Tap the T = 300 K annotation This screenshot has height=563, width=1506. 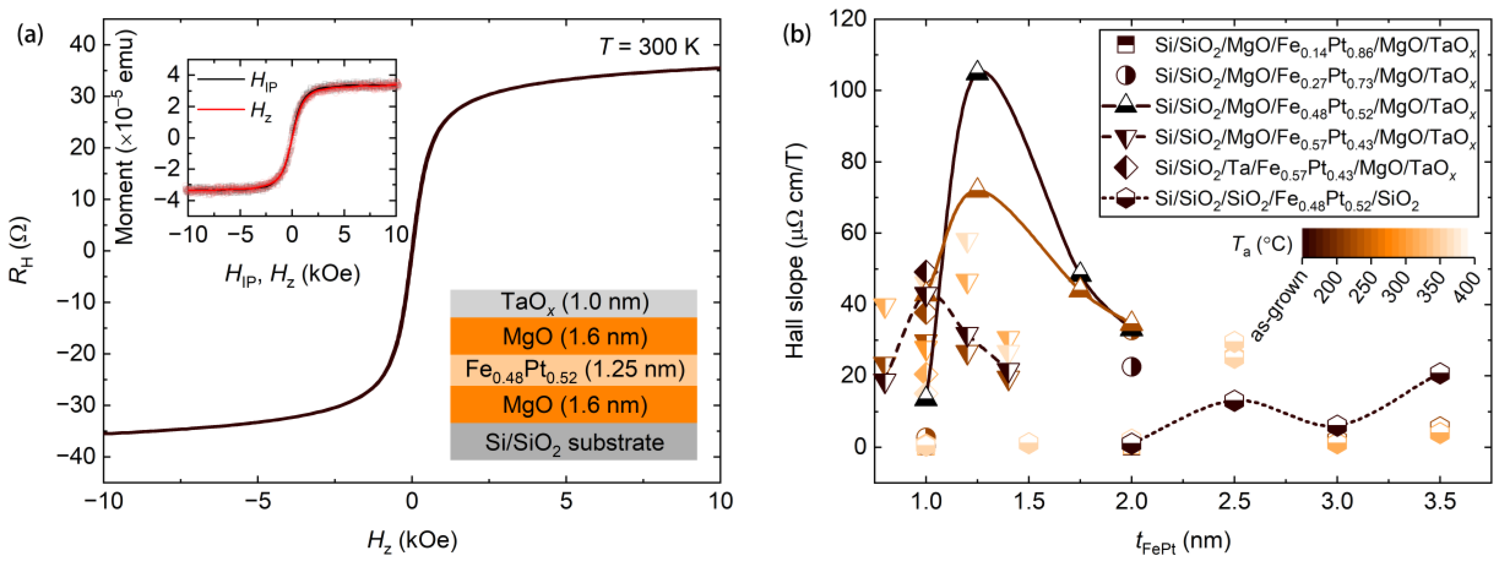(x=649, y=47)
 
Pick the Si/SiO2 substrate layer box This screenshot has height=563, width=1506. (x=574, y=442)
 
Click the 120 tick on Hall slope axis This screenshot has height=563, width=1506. (x=848, y=19)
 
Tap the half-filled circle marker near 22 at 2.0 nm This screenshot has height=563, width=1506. (x=1131, y=367)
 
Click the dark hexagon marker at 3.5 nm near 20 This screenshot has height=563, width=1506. (x=1439, y=374)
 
